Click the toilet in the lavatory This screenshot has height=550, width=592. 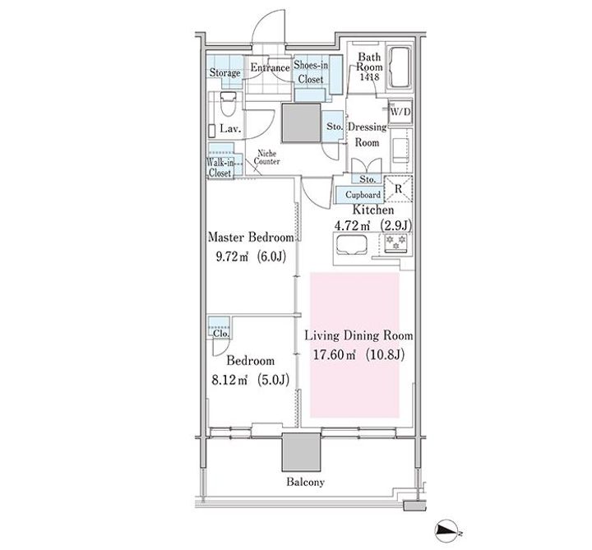pos(228,104)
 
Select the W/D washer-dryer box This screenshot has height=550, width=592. pos(400,112)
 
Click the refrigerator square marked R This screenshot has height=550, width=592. pos(398,189)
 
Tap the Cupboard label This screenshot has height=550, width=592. pos(363,195)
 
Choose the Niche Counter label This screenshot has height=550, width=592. pos(267,157)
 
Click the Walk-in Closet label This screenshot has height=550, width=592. pos(220,168)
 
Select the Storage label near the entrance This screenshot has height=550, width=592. pos(225,72)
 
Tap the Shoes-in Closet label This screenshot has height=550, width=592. pos(311,72)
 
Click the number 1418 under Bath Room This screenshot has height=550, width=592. pos(370,77)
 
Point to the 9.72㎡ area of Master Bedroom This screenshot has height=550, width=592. pos(232,257)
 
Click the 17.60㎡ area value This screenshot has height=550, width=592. pos(335,355)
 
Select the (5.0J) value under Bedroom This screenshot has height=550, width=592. pos(273,379)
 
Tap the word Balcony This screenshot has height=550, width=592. pos(305,482)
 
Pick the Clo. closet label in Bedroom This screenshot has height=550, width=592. pos(221,334)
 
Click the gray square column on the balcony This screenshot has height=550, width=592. pos(301,452)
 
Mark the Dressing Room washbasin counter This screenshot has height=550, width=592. pos(400,150)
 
